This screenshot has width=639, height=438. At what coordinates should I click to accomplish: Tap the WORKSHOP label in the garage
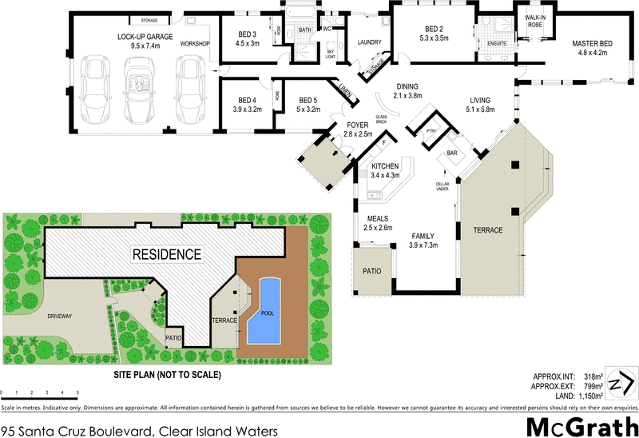pyautogui.click(x=195, y=43)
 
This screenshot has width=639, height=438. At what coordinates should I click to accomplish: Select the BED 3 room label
pyautogui.click(x=248, y=34)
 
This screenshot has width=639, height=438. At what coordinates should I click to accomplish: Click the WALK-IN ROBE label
pyautogui.click(x=534, y=21)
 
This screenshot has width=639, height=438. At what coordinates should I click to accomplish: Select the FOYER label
pyautogui.click(x=357, y=125)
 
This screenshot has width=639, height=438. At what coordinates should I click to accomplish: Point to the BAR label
pyautogui.click(x=451, y=152)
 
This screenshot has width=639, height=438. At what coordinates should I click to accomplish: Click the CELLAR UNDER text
pyautogui.click(x=442, y=187)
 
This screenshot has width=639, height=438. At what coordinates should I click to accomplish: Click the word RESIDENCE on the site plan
pyautogui.click(x=166, y=254)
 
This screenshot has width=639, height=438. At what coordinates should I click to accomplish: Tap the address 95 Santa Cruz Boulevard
pyautogui.click(x=140, y=431)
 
